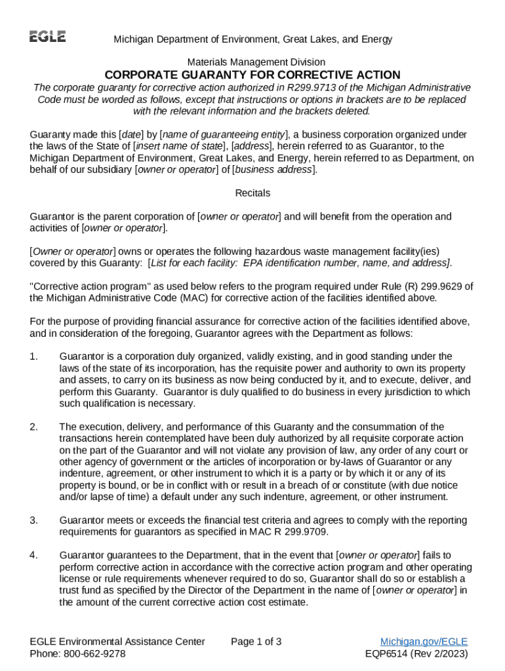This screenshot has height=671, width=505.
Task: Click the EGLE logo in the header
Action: point(47,37)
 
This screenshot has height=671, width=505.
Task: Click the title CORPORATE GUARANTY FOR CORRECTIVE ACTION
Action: point(253,75)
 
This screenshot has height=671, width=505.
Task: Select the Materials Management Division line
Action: point(253,62)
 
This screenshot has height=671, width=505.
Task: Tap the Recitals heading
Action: point(253,193)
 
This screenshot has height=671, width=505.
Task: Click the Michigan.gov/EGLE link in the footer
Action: point(424,642)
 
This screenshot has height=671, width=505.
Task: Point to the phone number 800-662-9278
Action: point(95,653)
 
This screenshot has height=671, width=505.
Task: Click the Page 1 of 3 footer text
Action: point(256,642)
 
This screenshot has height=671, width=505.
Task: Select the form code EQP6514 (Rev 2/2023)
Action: point(416,653)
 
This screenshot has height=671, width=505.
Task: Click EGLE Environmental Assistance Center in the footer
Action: point(117,642)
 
